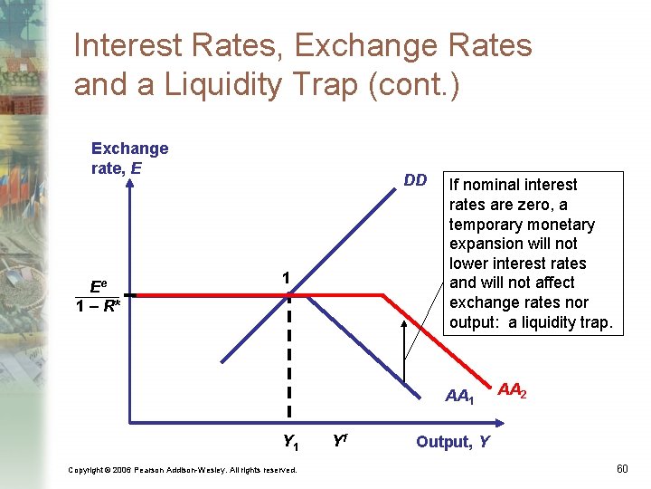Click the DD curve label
(415, 180)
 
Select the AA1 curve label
(459, 396)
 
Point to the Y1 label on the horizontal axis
(290, 443)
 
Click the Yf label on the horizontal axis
(341, 442)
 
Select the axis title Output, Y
(453, 442)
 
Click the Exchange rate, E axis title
(129, 158)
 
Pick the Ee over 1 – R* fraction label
(98, 295)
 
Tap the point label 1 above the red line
(285, 279)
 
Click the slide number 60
(621, 468)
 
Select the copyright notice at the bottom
(182, 469)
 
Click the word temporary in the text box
(490, 224)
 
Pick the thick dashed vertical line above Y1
(289, 362)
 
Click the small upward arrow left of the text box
(404, 349)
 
